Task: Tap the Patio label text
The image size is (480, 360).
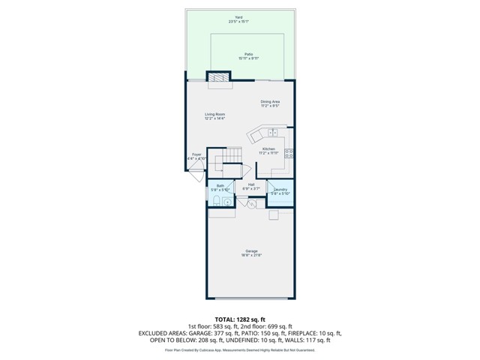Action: tap(239, 55)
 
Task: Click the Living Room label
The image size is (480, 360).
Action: tap(214, 115)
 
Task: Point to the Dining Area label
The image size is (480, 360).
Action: tap(270, 103)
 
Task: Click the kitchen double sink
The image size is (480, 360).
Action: tap(272, 133)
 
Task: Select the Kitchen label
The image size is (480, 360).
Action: tap(268, 151)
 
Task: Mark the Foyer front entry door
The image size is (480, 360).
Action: tap(196, 175)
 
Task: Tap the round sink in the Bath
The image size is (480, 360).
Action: tap(226, 201)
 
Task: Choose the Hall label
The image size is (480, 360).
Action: tap(250, 186)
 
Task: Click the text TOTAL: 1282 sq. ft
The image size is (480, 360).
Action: tap(239, 319)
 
